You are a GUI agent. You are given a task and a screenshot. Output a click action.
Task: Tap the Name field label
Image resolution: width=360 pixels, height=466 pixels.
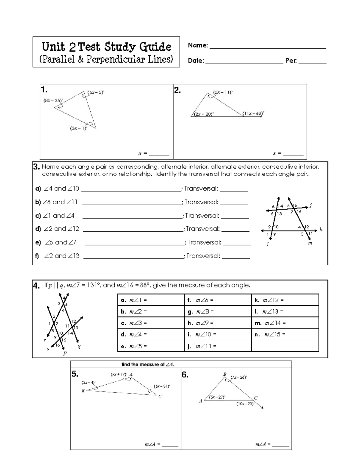(198, 46)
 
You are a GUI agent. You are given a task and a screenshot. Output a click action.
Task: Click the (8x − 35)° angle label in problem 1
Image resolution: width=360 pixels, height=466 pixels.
(53, 101)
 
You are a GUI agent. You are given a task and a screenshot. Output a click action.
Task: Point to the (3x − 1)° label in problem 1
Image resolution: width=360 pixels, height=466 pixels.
(79, 128)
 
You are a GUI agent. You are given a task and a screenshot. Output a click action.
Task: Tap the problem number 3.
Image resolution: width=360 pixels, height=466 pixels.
(36, 167)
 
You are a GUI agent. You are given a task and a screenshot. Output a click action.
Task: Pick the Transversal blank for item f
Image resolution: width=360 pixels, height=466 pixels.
(236, 256)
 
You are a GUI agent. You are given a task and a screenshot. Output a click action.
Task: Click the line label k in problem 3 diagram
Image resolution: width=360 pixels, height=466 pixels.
(321, 230)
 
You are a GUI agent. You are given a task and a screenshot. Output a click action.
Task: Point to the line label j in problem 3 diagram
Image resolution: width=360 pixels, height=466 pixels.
(311, 206)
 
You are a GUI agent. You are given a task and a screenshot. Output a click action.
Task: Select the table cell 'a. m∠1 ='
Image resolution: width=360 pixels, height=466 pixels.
(151, 300)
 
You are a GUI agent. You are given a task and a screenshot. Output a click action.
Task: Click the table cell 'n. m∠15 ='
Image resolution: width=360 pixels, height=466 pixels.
(285, 334)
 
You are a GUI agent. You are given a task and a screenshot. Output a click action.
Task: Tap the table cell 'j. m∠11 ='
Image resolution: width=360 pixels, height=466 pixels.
(218, 346)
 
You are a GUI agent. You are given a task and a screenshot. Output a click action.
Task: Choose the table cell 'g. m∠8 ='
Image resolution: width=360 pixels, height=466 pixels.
(218, 311)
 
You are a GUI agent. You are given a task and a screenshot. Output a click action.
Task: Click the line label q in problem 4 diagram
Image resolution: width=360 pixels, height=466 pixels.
(79, 346)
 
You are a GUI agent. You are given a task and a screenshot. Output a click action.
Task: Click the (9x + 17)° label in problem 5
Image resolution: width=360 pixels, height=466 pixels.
(119, 374)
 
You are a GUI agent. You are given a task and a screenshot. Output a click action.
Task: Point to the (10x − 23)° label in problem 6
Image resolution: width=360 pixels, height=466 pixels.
(245, 404)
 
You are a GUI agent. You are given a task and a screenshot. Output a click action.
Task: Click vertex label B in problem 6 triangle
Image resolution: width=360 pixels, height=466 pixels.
(225, 374)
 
